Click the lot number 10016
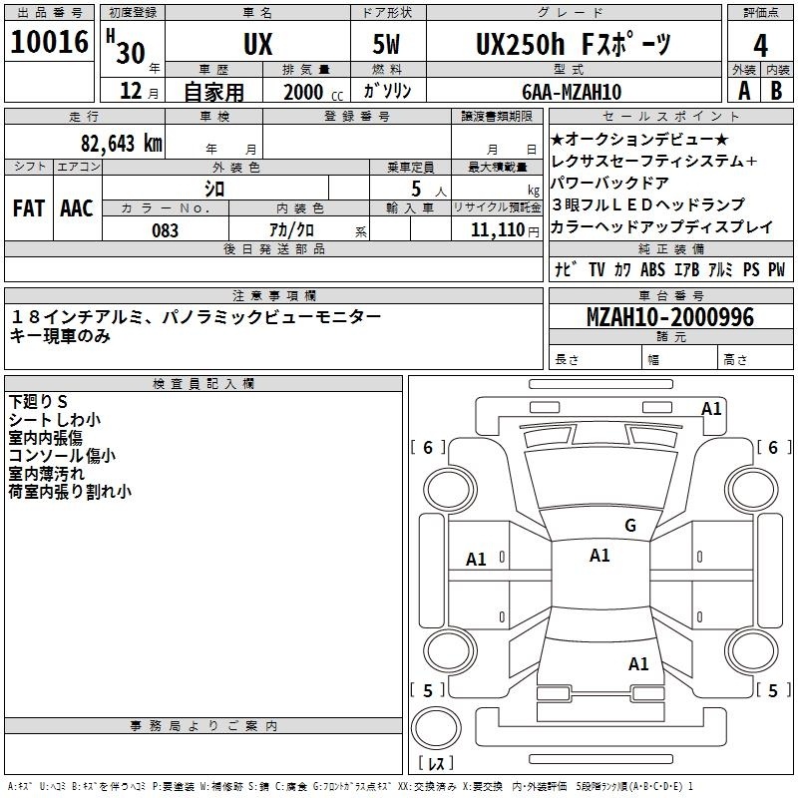tap(49, 42)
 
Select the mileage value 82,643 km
tap(122, 144)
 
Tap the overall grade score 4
tap(760, 46)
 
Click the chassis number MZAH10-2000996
tap(670, 317)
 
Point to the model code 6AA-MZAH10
tap(572, 92)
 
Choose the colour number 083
tap(165, 230)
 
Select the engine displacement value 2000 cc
tap(313, 93)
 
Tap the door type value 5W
tap(386, 44)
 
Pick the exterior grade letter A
tap(744, 91)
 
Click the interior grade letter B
tap(776, 91)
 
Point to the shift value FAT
tap(29, 208)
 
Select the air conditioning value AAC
tap(77, 208)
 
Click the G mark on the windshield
tap(630, 526)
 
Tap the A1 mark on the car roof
tap(599, 556)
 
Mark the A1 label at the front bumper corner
tap(711, 409)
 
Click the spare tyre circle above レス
tap(436, 727)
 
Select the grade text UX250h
tap(520, 44)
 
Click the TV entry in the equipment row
tap(597, 269)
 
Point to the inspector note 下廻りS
tap(38, 402)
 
